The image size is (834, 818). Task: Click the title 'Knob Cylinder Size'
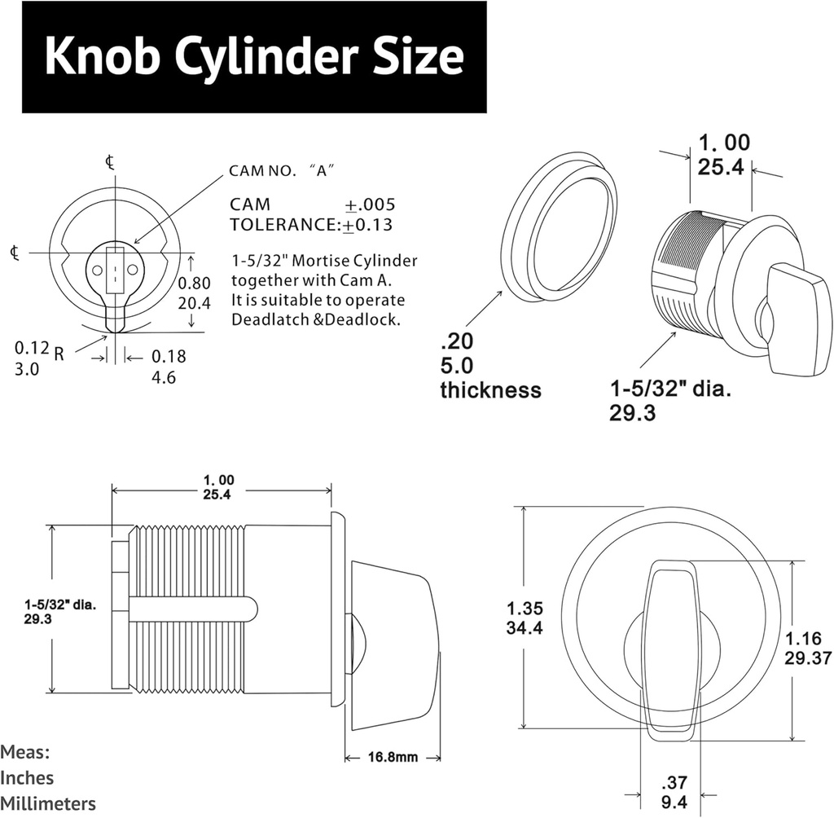[x=253, y=57]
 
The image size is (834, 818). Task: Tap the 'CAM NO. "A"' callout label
[x=283, y=171]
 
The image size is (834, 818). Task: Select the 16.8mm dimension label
[x=393, y=757]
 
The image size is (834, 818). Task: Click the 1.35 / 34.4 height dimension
[x=525, y=618]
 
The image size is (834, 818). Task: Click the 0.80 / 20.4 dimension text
[x=195, y=292]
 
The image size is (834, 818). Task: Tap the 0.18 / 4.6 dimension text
[x=169, y=367]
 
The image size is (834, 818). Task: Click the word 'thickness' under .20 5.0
[x=490, y=390]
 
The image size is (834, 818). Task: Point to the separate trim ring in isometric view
[x=560, y=225]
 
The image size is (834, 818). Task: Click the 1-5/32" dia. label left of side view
[x=60, y=612]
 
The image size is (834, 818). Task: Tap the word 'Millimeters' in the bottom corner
[x=48, y=803]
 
